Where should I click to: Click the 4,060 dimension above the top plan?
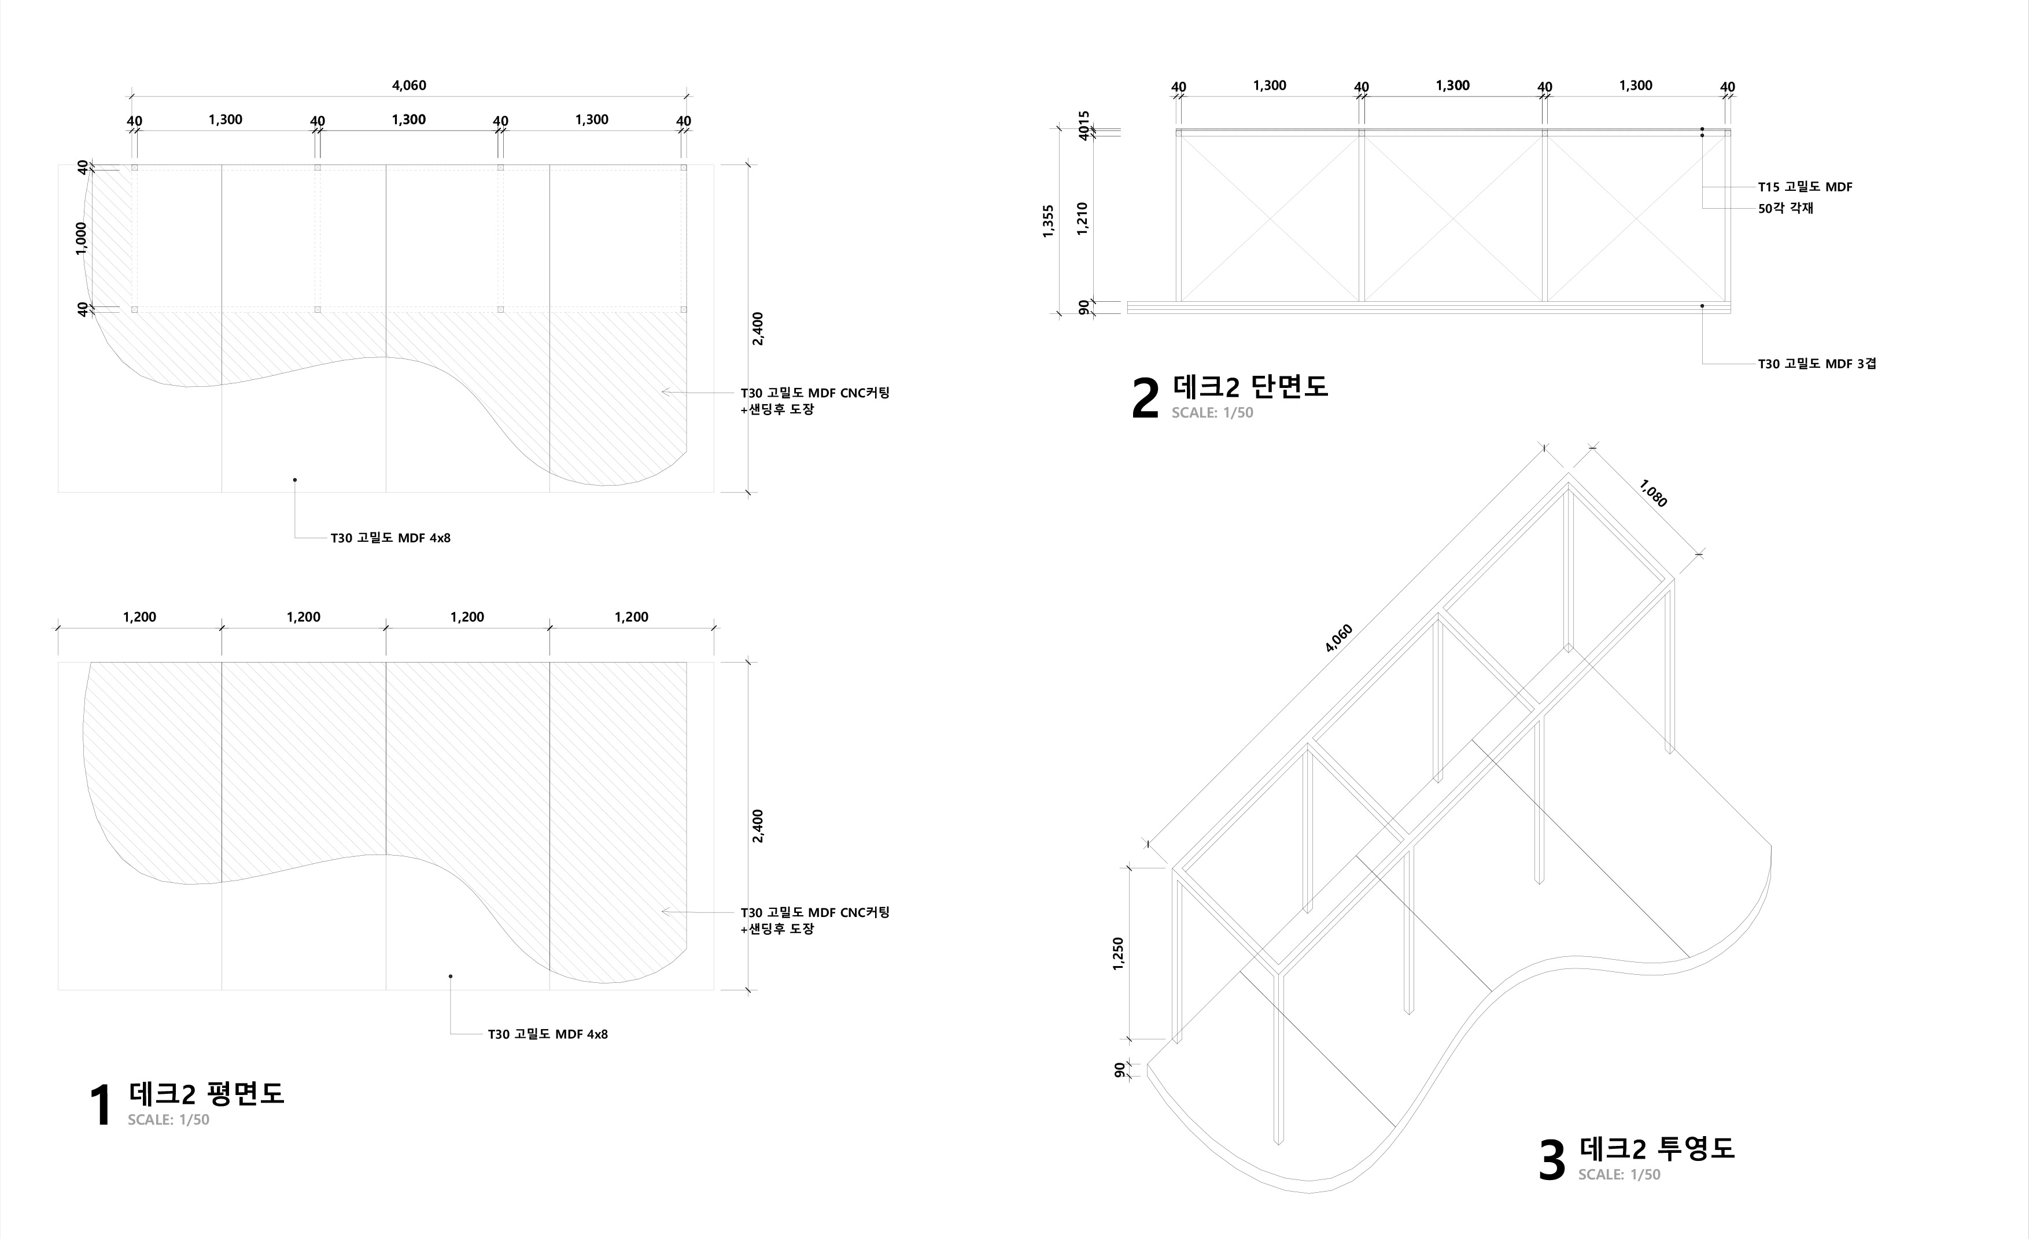408,86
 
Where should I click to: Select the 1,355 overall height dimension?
1048,221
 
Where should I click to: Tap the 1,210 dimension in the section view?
1083,219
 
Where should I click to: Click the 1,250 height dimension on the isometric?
1117,953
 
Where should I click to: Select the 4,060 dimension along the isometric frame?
1339,639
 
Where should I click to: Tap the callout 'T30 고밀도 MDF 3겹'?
1817,364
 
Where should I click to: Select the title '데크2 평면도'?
206,1093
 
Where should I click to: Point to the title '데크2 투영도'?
1657,1148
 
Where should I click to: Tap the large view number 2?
1145,400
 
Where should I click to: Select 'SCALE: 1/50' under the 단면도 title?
1212,412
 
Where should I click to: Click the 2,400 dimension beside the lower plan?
758,826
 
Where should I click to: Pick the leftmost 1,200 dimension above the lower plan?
139,617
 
